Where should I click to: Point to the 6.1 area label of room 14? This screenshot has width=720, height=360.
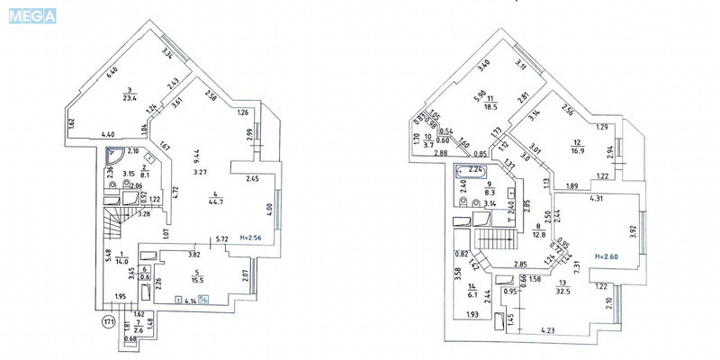tap(471, 292)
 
